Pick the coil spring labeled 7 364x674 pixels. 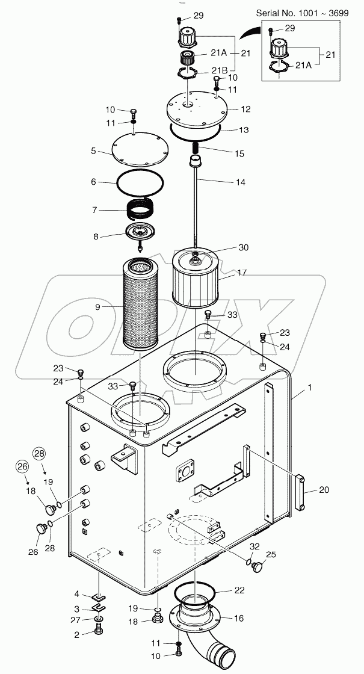click(x=143, y=210)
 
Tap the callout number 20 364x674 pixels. click(x=324, y=489)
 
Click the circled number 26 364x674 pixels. click(x=22, y=466)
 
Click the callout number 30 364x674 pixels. click(x=243, y=247)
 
